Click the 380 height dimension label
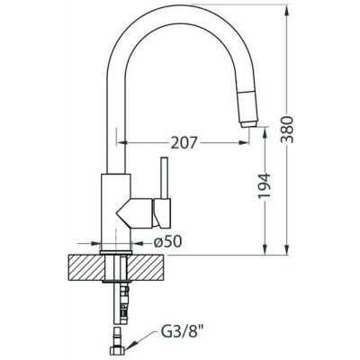point(287,129)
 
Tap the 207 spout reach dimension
point(184,142)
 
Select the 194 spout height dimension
point(265,185)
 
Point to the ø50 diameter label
point(168,241)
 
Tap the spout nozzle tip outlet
point(249,124)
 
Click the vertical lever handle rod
point(165,177)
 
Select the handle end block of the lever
point(162,212)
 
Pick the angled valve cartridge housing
point(134,213)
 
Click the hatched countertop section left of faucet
point(85,268)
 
